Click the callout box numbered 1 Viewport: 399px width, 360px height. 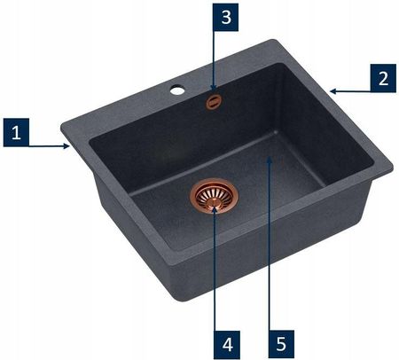tap(16, 132)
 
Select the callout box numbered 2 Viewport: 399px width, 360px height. tap(383, 78)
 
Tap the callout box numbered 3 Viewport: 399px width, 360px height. tap(226, 17)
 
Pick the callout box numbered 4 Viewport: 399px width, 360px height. tap(227, 345)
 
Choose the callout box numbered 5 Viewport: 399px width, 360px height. tap(281, 344)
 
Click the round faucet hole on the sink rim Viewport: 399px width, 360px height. tap(177, 90)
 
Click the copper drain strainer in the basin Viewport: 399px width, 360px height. tap(215, 195)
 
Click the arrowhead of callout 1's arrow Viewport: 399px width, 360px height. tap(67, 145)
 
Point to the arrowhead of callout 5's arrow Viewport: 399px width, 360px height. tap(269, 160)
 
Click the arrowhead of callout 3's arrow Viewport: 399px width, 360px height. tap(214, 88)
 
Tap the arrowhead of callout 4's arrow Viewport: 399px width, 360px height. tap(215, 210)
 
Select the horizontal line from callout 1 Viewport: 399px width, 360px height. tap(47, 145)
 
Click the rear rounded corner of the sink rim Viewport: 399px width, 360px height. tap(273, 42)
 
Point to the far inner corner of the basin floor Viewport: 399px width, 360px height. tap(276, 133)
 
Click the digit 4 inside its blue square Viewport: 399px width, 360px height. tap(227, 345)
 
